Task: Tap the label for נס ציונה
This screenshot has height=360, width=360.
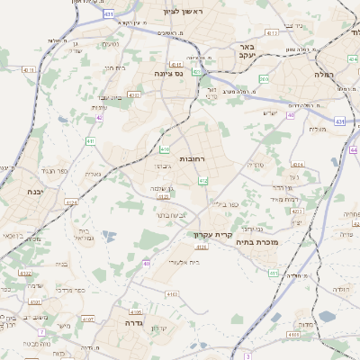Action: tap(168, 73)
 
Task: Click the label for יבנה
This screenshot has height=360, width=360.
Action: tap(34, 192)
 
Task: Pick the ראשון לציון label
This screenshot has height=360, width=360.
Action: tap(184, 11)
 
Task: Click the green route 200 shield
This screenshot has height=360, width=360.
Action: tap(264, 79)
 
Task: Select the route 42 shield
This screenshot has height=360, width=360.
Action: tap(99, 117)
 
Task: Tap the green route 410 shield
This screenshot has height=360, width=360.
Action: tap(165, 148)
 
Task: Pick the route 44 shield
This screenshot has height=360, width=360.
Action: tap(353, 150)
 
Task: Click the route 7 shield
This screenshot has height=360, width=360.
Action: tap(41, 332)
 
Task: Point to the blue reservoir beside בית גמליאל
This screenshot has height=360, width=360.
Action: tap(109, 237)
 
